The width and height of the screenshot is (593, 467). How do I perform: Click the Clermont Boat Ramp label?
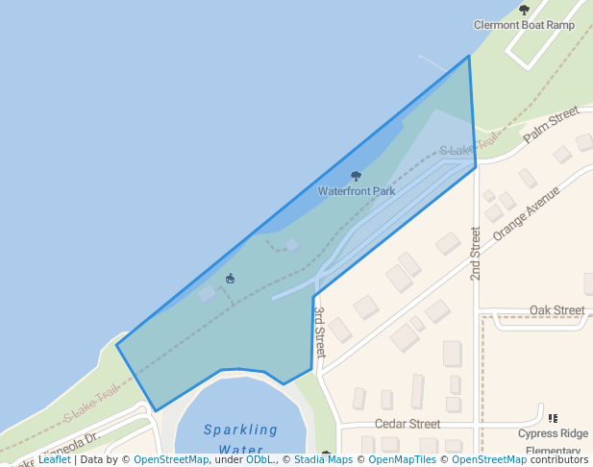(524, 25)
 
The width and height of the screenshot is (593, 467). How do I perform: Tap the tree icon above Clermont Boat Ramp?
(524, 10)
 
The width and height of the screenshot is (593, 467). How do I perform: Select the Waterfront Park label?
(357, 191)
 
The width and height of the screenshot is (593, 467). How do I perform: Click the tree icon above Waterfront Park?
(357, 176)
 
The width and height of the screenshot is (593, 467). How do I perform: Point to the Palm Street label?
(551, 125)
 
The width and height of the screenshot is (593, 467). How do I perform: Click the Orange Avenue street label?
(526, 212)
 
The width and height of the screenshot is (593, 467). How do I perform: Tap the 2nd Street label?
(475, 254)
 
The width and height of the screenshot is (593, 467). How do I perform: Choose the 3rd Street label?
(320, 332)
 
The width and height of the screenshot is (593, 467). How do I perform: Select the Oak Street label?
(556, 310)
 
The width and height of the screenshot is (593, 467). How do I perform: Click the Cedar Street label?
(408, 424)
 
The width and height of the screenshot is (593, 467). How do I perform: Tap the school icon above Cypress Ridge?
(553, 418)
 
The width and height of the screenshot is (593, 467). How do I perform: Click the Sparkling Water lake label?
(240, 439)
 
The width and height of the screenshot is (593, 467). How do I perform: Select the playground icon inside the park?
(231, 280)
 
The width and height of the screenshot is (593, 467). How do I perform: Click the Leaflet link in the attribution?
(54, 459)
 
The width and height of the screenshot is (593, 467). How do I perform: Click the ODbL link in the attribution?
(259, 459)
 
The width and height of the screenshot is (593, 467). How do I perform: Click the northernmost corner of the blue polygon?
(469, 56)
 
